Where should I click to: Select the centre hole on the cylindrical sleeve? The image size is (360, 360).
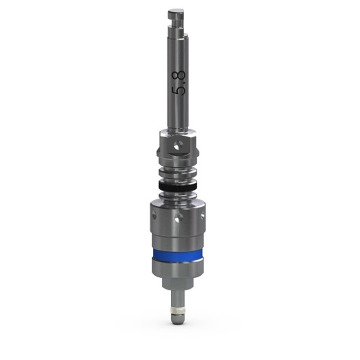pos(179,217)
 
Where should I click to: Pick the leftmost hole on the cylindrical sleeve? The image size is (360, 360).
pos(154,215)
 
